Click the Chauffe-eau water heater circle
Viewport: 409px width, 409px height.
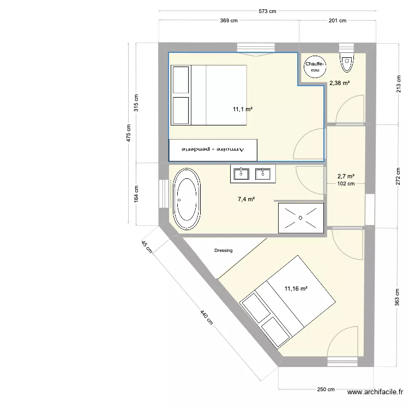[315, 67]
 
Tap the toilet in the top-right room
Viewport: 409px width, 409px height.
[346, 63]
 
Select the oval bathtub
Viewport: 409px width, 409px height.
[187, 199]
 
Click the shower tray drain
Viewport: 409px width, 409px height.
[300, 217]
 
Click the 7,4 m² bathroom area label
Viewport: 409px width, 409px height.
[246, 200]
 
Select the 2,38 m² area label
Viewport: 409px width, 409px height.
[339, 83]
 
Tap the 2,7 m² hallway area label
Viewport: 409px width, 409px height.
[346, 176]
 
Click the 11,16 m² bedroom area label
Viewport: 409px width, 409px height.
[296, 288]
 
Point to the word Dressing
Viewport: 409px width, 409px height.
[224, 251]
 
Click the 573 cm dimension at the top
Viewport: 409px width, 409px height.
[267, 11]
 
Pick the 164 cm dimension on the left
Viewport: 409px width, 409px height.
[136, 194]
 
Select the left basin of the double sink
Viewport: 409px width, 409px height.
[240, 174]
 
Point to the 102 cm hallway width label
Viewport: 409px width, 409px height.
[346, 184]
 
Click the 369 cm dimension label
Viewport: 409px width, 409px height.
[228, 21]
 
